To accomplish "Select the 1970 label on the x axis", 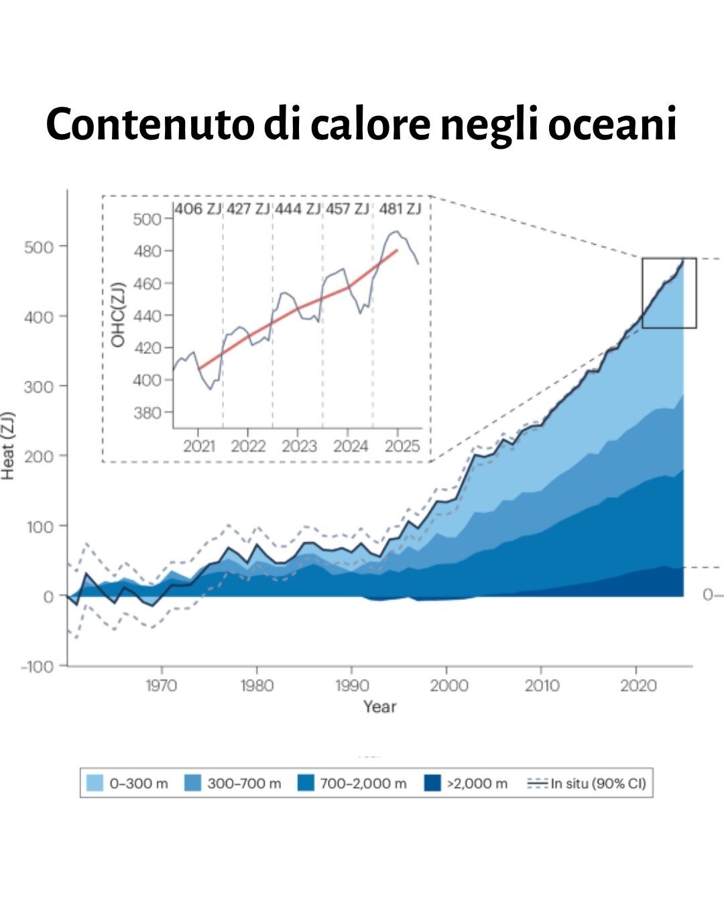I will (x=161, y=685).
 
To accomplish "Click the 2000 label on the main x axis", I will (x=448, y=685).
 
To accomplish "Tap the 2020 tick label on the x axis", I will (x=638, y=685).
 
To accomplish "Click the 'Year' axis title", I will (x=379, y=707).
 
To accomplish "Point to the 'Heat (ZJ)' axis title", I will (x=8, y=445).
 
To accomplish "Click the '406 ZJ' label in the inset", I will (x=197, y=209).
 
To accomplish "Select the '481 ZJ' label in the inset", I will (x=400, y=209).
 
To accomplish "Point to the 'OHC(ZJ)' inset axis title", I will (x=118, y=314).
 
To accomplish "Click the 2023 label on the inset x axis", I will (x=298, y=446).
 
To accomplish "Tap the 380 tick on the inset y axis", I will (x=148, y=412).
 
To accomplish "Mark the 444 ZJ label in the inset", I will (x=298, y=209).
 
